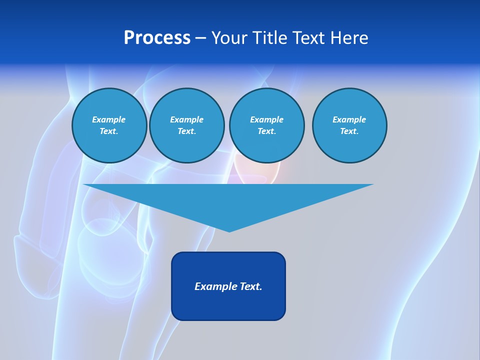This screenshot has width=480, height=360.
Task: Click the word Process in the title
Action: [x=157, y=38]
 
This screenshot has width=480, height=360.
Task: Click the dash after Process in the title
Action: [x=200, y=38]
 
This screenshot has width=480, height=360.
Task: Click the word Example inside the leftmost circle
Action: [x=109, y=119]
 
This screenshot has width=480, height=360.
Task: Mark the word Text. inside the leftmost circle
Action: [x=109, y=131]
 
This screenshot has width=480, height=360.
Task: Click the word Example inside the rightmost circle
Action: [x=349, y=119]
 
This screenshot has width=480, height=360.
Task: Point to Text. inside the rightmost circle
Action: [x=349, y=131]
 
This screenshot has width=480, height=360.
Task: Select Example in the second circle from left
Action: [x=186, y=119]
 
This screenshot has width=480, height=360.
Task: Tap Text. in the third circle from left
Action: [x=266, y=131]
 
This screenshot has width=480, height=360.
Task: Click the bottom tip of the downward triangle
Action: [x=229, y=230]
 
